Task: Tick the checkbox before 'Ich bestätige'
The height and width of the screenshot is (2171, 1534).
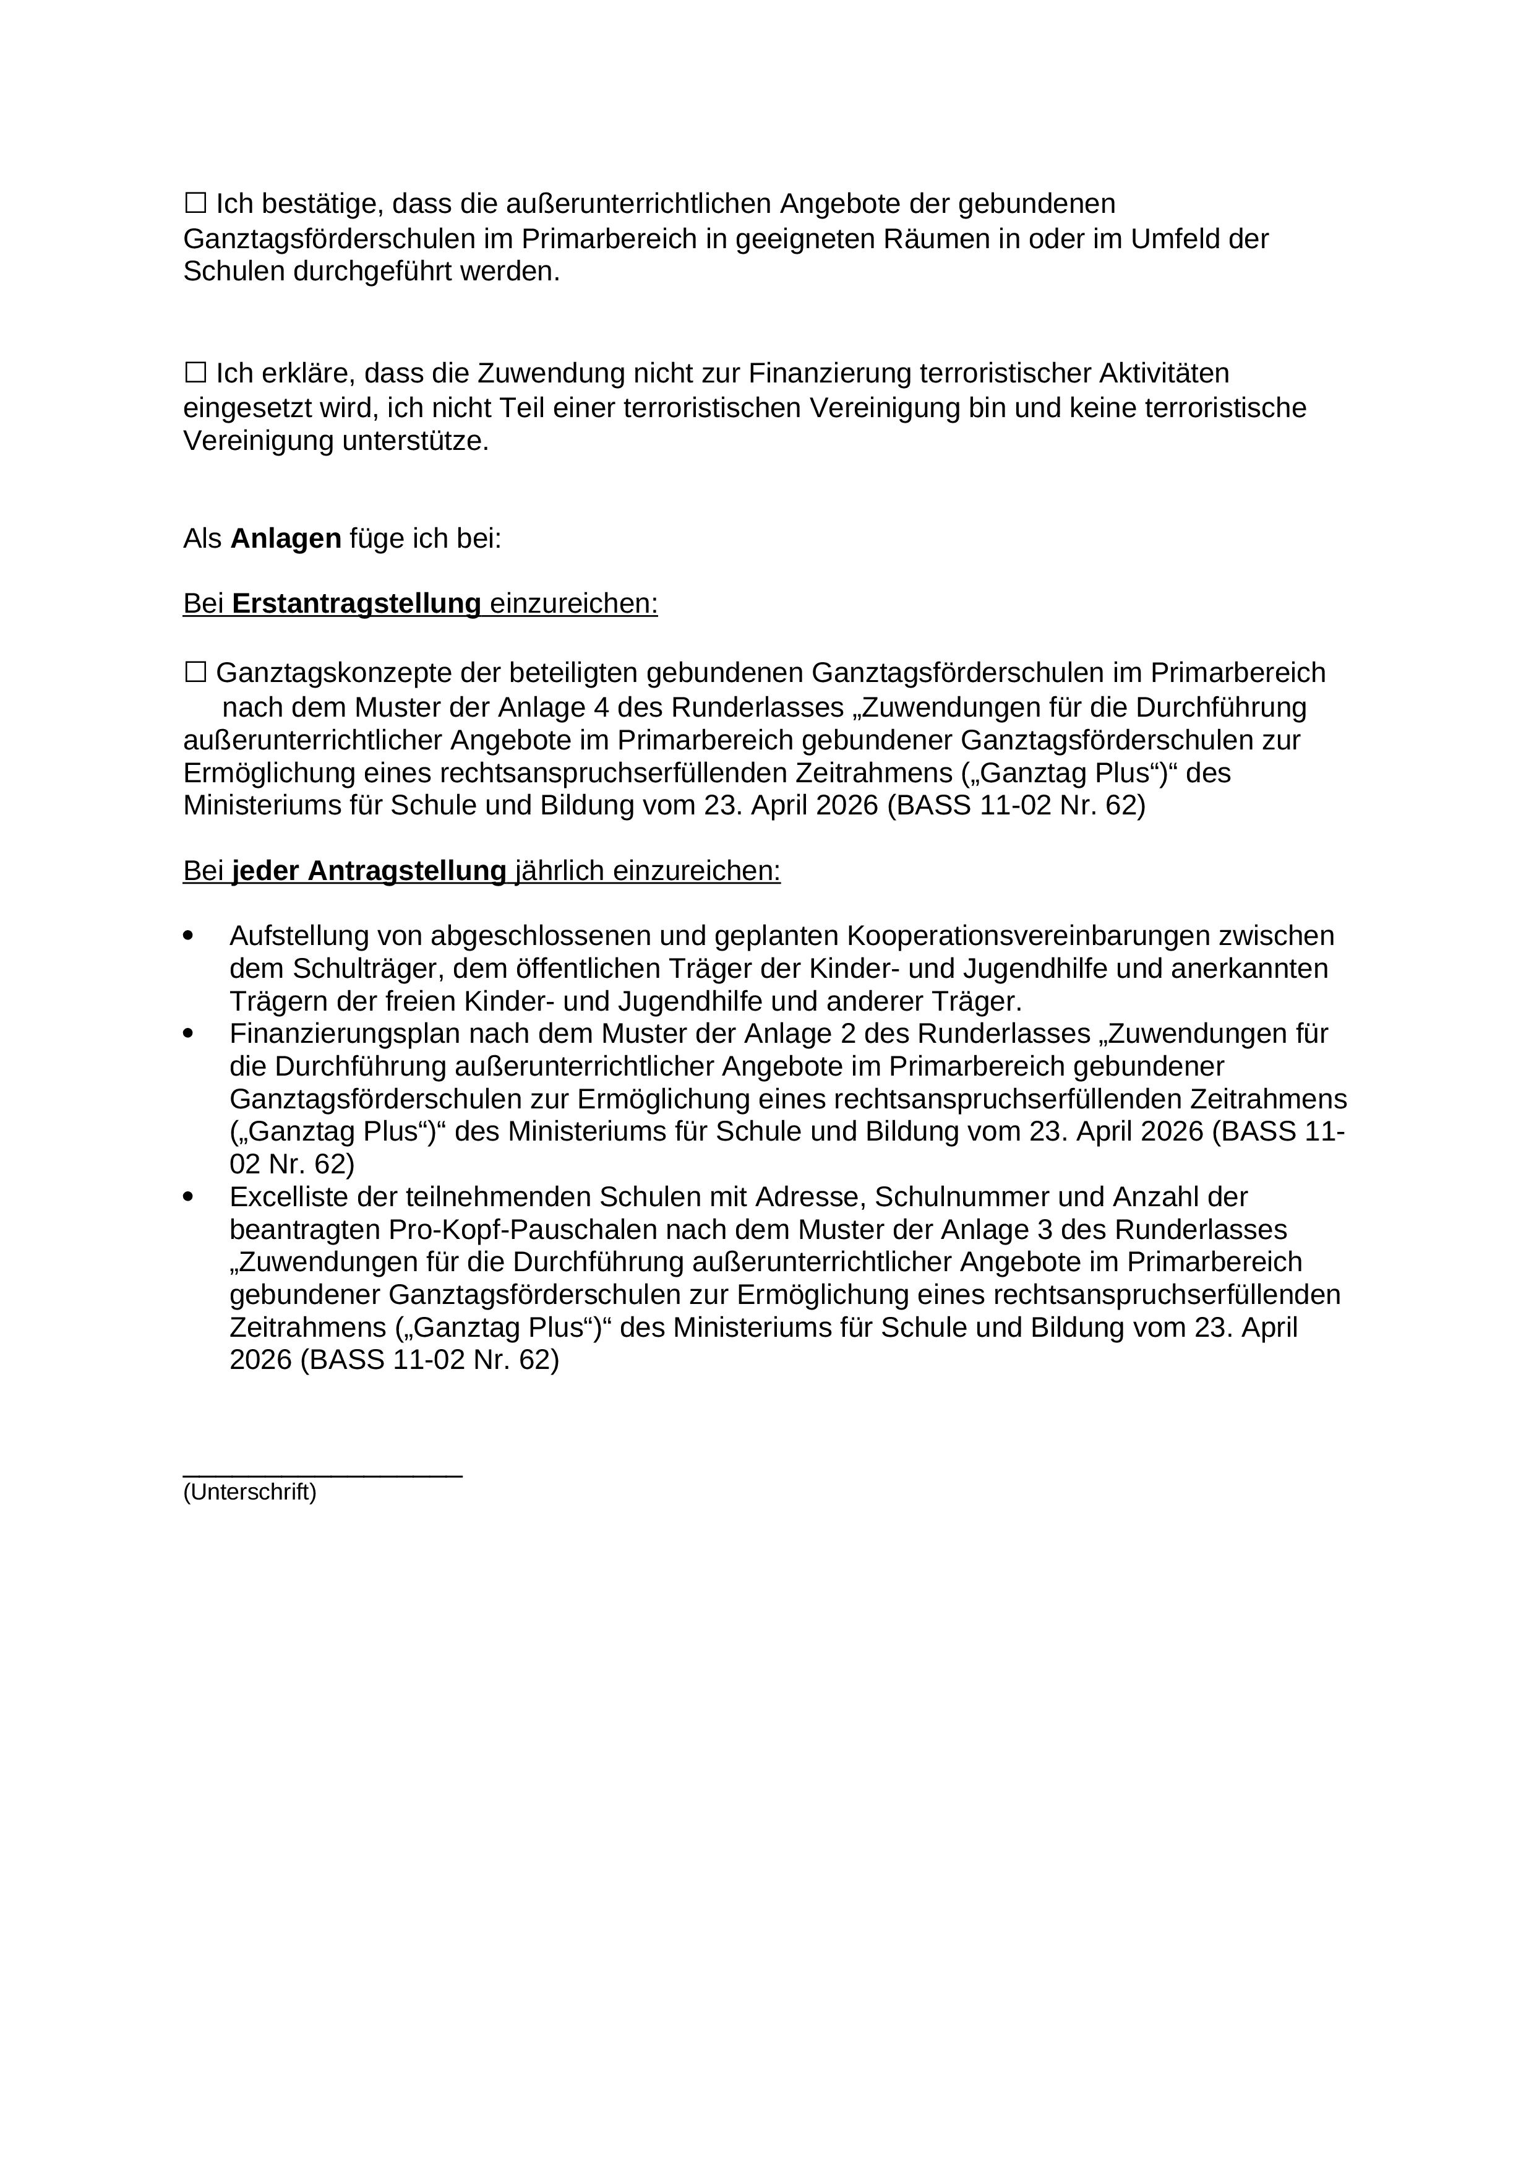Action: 195,202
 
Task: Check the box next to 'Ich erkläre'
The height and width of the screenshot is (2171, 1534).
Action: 195,373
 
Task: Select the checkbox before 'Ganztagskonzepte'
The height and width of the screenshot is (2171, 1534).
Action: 195,672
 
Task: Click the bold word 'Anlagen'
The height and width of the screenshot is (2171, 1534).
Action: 285,539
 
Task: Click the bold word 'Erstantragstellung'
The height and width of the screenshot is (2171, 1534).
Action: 356,603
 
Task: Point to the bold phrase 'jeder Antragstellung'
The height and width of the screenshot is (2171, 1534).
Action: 369,871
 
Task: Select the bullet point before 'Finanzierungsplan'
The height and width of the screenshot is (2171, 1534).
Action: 188,1034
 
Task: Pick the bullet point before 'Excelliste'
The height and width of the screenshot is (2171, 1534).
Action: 188,1197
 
